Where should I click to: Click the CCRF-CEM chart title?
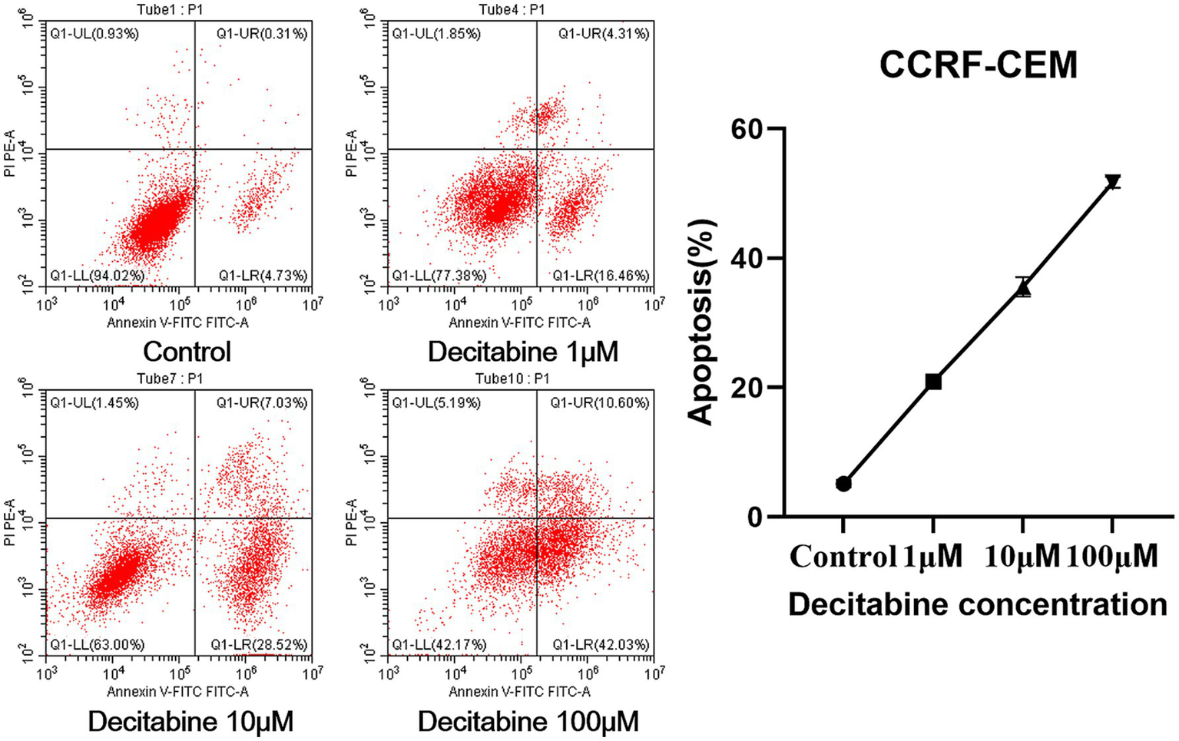pos(978,65)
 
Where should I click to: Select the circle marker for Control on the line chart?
pos(843,484)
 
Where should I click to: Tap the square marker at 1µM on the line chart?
pos(933,382)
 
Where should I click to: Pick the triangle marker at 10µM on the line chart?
pos(1023,289)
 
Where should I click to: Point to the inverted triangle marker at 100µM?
pos(1112,182)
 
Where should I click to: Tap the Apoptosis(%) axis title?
pos(701,322)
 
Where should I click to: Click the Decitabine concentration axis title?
pos(977,605)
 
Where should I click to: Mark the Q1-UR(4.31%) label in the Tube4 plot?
pos(604,34)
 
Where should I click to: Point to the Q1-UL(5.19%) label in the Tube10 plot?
pos(436,402)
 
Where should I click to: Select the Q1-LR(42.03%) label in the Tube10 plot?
pos(601,644)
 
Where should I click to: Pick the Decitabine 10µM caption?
pos(190,722)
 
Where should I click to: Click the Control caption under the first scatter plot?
pos(187,352)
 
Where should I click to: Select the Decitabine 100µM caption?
pos(528,722)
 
